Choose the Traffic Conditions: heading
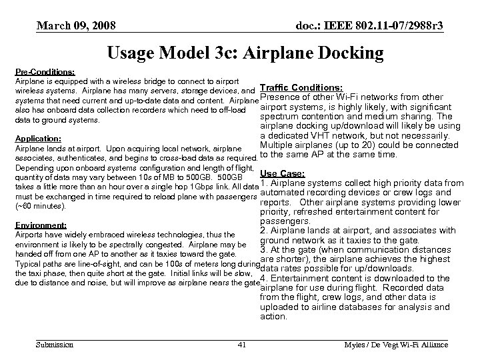click(301, 87)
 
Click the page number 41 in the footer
click(243, 345)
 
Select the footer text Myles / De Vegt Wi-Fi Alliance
click(396, 345)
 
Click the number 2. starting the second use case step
click(264, 231)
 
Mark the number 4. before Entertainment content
click(264, 278)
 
